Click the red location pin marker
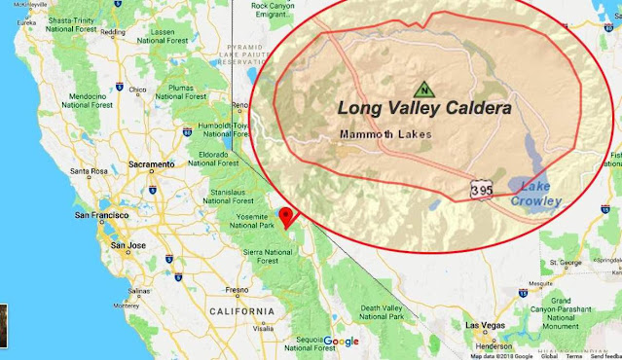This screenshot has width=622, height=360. tap(285, 217)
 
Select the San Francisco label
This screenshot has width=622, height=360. tap(96, 214)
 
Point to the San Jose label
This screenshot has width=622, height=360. tap(128, 246)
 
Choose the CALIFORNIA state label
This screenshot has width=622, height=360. tap(241, 310)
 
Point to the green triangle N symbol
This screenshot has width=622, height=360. tap(424, 88)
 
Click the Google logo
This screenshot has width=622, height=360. tap(341, 341)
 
